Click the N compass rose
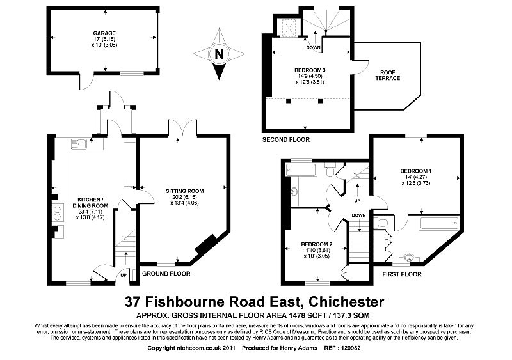pyautogui.click(x=220, y=54)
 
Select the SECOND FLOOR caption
pyautogui.click(x=285, y=139)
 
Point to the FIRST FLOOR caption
pyautogui.click(x=402, y=274)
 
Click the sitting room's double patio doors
pyautogui.click(x=182, y=129)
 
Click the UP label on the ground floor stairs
pyautogui.click(x=123, y=275)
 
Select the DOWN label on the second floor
pyautogui.click(x=313, y=47)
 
